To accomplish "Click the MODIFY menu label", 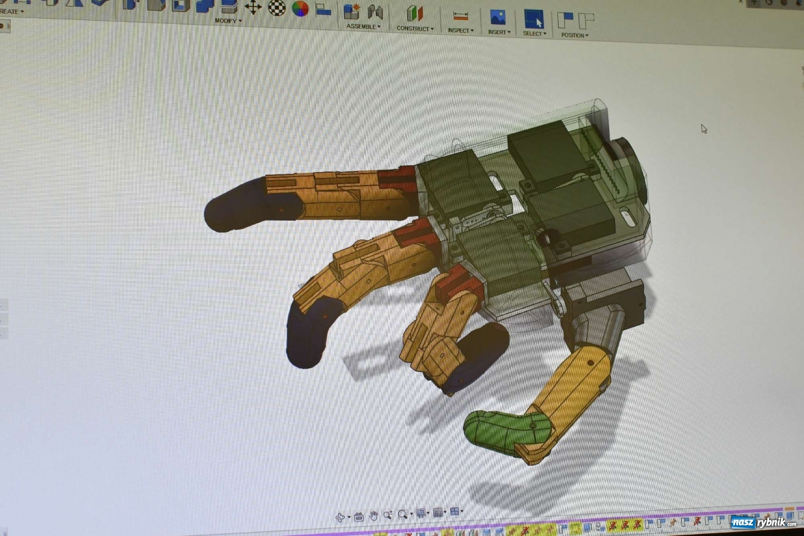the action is [226, 21].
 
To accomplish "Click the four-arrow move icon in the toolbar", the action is [253, 7].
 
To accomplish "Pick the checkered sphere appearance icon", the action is [277, 8].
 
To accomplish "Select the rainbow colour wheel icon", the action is [300, 9].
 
